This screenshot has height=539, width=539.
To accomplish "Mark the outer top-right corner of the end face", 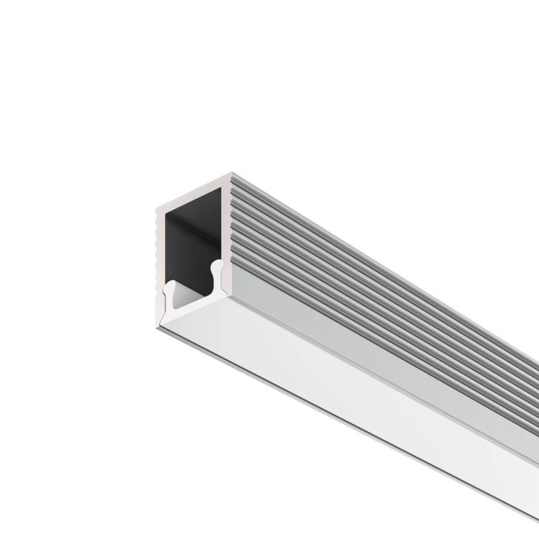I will pos(231,174).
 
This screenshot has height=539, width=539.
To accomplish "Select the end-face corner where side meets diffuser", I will pos(229,295).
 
